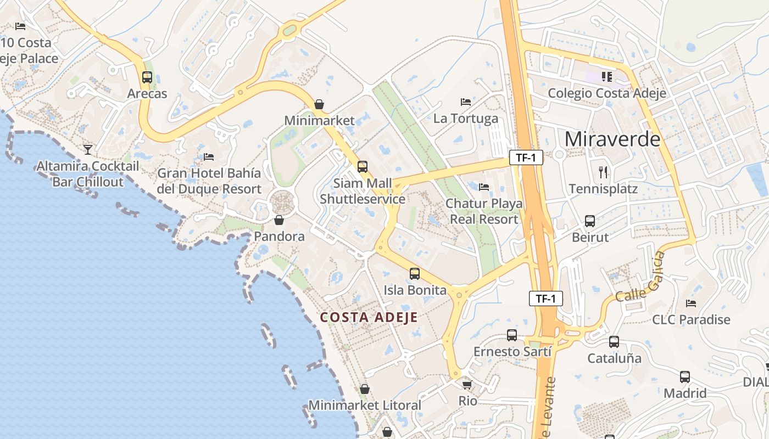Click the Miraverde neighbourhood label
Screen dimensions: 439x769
612,139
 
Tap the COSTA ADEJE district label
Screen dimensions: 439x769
369,317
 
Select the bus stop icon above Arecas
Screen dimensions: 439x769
147,77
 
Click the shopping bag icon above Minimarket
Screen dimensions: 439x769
319,104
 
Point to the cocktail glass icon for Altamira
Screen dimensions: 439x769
88,149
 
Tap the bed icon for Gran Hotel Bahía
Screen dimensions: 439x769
209,157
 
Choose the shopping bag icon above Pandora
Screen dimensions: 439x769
279,220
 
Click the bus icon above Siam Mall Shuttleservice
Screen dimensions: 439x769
363,167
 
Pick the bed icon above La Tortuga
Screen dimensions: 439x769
466,102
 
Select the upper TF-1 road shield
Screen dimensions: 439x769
526,158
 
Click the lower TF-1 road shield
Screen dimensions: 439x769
546,299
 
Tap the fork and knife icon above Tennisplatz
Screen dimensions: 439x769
604,172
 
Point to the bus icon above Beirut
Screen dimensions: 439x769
590,221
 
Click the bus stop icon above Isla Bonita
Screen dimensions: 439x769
415,273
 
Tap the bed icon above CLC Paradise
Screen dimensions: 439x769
691,303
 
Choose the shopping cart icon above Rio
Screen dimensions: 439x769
467,385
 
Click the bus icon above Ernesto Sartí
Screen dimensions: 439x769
512,335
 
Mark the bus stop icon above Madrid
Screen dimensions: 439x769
685,377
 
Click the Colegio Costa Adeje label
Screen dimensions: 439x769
607,93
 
